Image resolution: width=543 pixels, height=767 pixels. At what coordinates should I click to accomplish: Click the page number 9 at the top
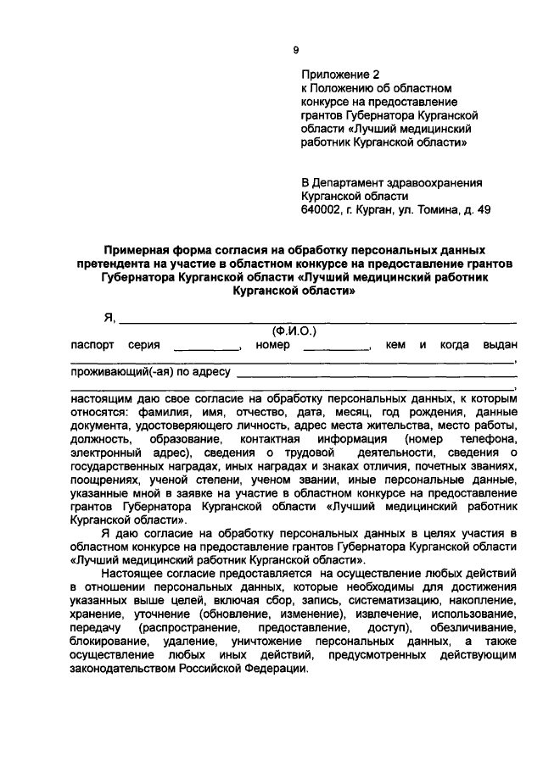296,51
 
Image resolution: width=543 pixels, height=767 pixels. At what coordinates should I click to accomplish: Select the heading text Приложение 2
340,74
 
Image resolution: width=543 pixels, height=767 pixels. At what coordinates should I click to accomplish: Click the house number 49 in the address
484,209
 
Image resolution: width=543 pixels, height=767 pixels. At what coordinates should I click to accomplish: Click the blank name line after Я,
318,320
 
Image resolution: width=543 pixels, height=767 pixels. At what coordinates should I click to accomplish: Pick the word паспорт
92,345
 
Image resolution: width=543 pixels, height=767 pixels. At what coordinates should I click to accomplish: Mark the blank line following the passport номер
337,348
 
